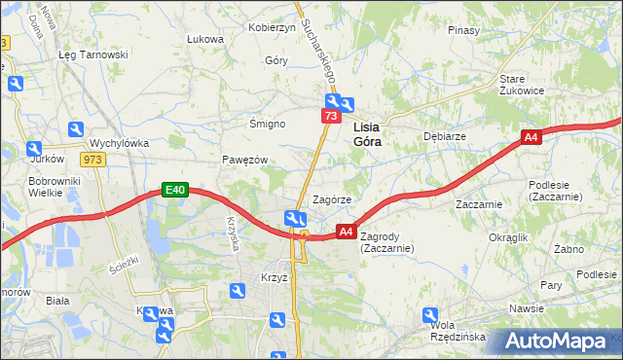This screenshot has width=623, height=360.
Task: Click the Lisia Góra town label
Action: pos(367,133)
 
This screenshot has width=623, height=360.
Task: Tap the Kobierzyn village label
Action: pos(272,27)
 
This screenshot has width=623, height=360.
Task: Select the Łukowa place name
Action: pos(204,39)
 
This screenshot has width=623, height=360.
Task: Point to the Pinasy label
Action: pos(463,30)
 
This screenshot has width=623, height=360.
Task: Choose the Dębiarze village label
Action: pos(442,137)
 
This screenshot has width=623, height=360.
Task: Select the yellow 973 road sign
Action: pos(93,160)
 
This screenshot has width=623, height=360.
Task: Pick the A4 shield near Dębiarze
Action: pos(530,138)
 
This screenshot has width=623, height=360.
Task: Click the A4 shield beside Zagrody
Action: pos(345,231)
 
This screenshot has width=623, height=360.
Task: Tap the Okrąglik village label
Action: pos(508,237)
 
